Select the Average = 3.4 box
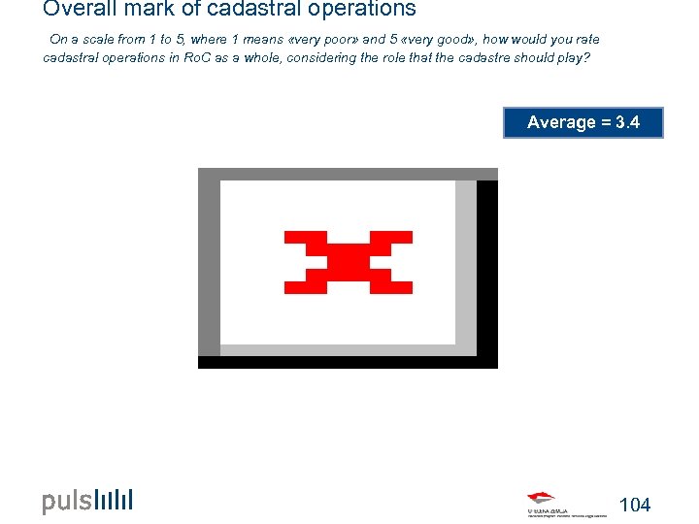(x=582, y=122)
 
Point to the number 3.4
(x=627, y=122)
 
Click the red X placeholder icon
(x=348, y=262)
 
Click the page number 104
(x=634, y=505)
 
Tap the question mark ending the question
(x=586, y=57)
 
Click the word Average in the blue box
(x=561, y=122)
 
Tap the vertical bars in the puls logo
(x=115, y=501)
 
